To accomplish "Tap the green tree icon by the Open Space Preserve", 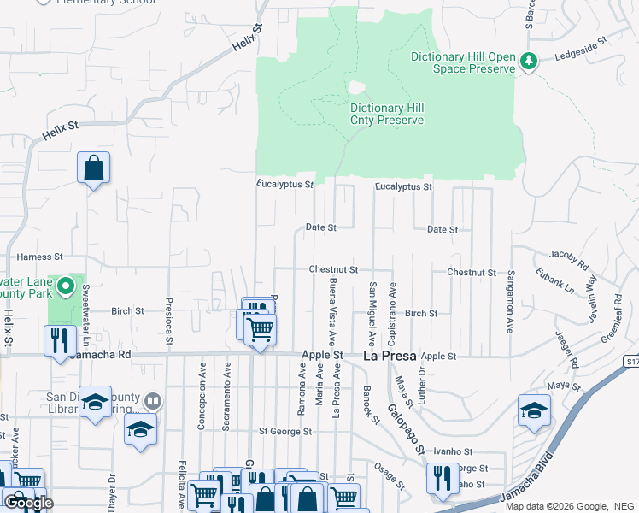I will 530,60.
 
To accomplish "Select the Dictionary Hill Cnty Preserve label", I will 387,114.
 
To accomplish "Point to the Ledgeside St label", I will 580,40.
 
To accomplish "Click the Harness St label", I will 40,256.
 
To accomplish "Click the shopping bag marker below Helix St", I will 94,168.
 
